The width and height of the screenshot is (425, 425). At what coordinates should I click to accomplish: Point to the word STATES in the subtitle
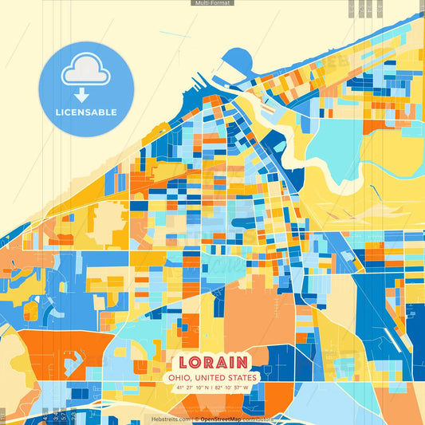pyautogui.click(x=242, y=377)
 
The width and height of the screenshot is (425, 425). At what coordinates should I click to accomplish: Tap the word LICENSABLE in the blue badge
pyautogui.click(x=86, y=112)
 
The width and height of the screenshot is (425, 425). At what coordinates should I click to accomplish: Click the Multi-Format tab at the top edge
pyautogui.click(x=212, y=3)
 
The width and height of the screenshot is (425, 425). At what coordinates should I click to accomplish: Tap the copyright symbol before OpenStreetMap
pyautogui.click(x=196, y=419)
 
